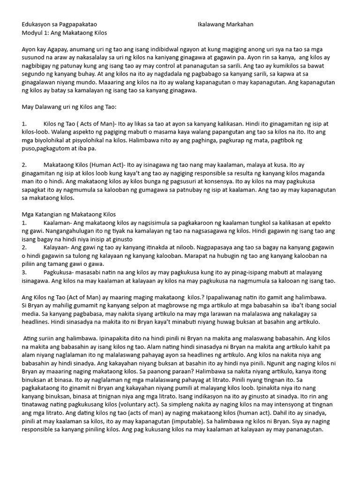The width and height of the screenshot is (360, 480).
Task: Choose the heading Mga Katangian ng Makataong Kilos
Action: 69,215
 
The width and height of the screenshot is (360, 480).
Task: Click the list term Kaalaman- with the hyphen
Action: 58,223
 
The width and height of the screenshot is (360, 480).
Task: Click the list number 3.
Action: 24,272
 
